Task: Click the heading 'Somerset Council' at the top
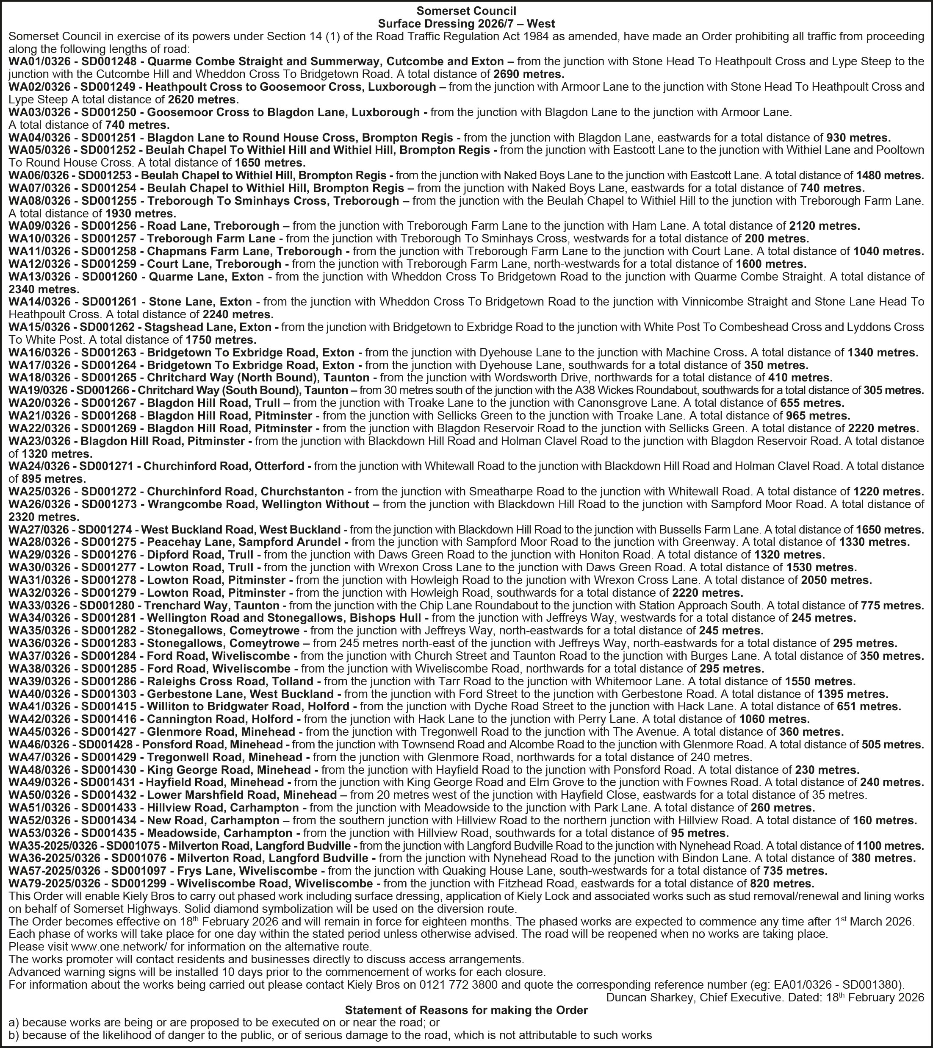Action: (466, 11)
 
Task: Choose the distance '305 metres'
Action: (894, 390)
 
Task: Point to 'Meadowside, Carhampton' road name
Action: (220, 833)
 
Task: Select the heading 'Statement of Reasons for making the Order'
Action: (466, 1010)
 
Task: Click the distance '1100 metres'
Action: (889, 845)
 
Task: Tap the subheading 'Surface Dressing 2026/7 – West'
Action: (466, 24)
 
